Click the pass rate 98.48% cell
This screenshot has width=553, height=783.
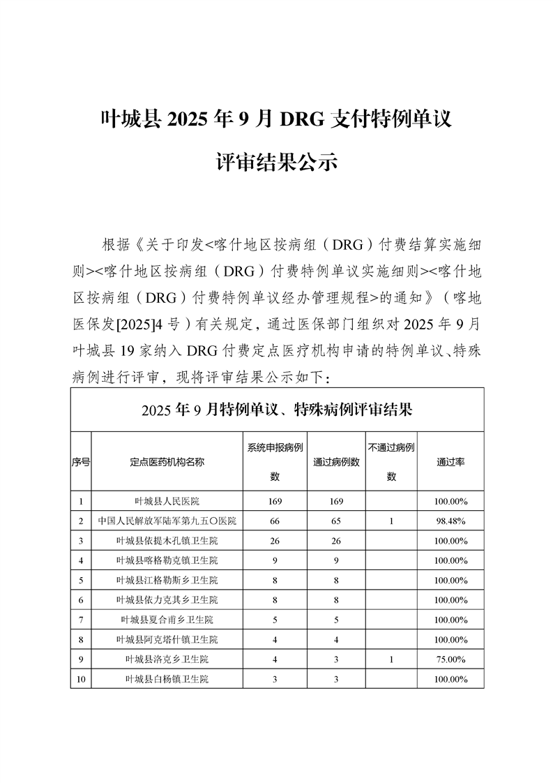[450, 521]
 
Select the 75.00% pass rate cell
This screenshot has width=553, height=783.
[450, 659]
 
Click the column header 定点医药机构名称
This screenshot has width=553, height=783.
[167, 462]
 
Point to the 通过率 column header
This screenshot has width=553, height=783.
[450, 462]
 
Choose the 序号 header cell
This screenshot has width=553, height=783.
[80, 462]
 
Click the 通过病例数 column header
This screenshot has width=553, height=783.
[336, 462]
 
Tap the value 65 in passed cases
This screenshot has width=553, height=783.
[336, 521]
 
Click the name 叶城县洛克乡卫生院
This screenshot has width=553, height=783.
[167, 659]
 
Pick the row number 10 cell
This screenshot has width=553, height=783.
[80, 678]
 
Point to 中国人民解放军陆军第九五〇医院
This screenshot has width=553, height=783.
[167, 521]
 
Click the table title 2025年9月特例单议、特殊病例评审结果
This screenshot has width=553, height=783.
[277, 410]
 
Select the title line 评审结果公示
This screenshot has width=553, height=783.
[277, 162]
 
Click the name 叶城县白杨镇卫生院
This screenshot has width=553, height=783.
[167, 678]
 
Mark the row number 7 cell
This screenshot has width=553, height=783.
[80, 619]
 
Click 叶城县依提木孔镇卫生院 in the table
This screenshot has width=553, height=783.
[167, 540]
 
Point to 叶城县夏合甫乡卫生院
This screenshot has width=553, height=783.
[167, 619]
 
